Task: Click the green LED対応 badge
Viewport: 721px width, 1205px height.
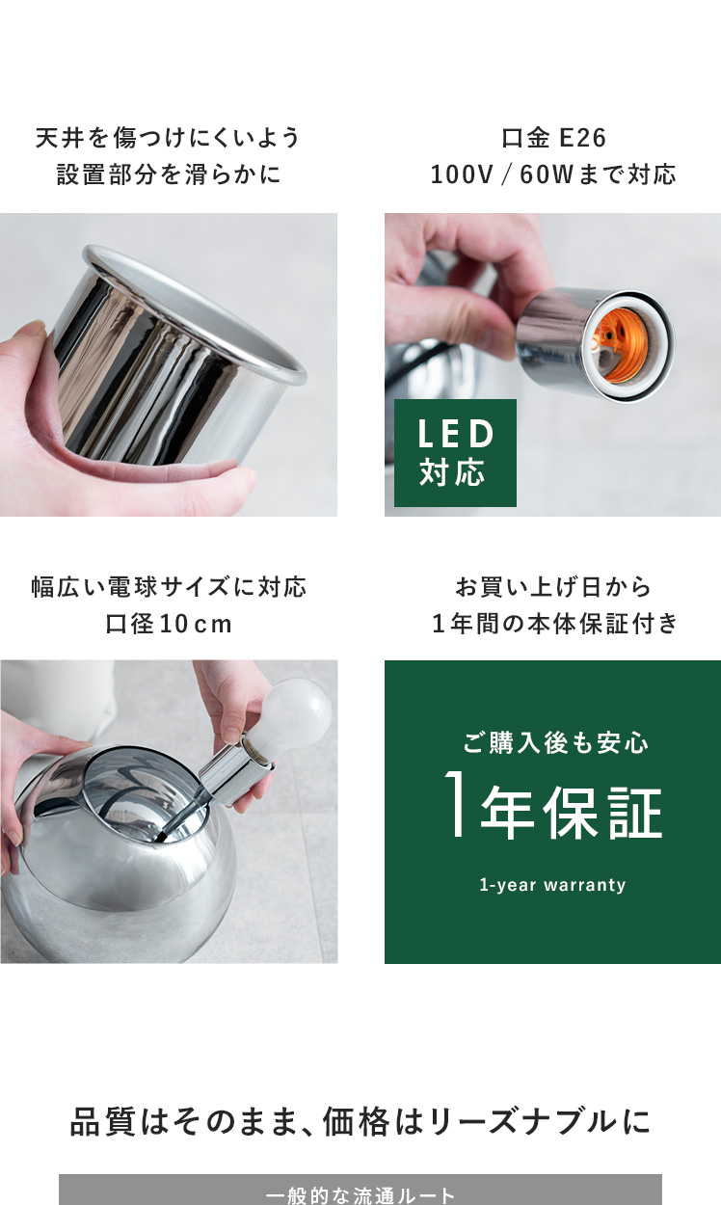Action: [455, 452]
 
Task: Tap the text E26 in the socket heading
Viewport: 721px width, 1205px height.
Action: [583, 138]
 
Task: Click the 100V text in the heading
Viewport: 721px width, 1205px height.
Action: [462, 174]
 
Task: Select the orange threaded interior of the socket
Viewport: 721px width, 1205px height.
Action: [618, 347]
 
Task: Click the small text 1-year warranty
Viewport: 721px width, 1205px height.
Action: [552, 885]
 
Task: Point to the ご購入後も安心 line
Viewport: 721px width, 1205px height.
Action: [555, 742]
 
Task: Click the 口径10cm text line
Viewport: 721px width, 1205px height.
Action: [169, 624]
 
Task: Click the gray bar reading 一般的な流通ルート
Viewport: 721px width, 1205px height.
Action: [360, 1190]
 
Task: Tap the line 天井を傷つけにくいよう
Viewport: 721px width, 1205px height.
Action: [168, 138]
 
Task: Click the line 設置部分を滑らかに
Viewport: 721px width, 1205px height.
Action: [169, 174]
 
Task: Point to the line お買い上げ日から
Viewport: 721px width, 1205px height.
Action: [553, 587]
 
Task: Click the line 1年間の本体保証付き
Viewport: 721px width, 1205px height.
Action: [555, 624]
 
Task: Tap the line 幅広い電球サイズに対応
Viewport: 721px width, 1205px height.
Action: [169, 587]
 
